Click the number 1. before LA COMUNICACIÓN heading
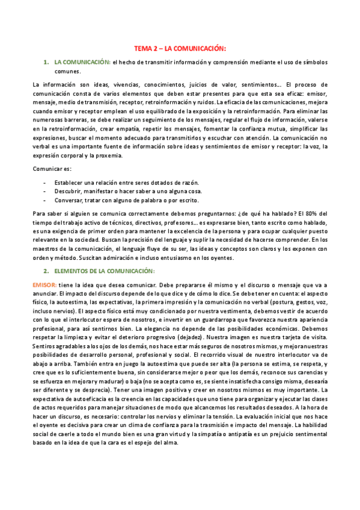(x=46, y=62)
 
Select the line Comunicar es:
(x=52, y=169)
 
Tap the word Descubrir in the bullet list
(x=69, y=191)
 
